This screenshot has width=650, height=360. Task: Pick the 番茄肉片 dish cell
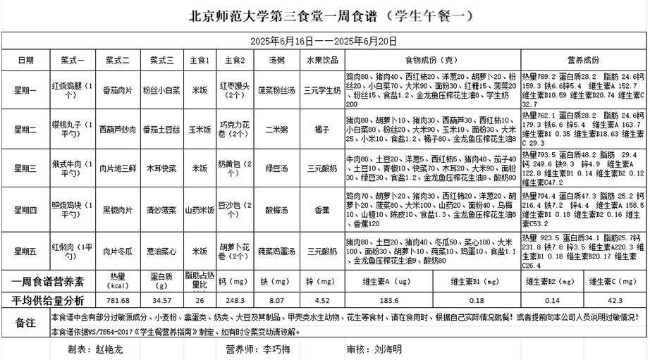117,90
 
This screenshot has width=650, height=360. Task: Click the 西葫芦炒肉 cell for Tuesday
117,130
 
